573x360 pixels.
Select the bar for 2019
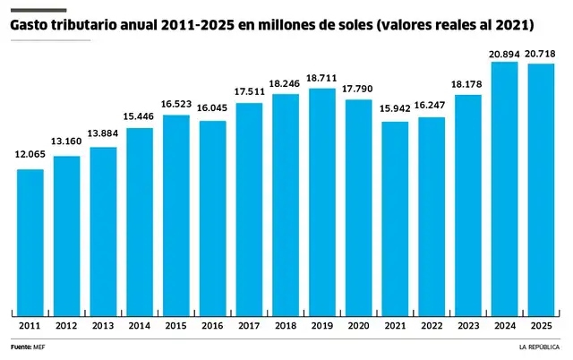click(x=321, y=197)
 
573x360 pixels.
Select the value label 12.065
click(x=30, y=155)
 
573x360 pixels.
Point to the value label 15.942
click(x=395, y=110)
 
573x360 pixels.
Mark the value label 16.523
click(x=175, y=105)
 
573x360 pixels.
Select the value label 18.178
click(x=468, y=84)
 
